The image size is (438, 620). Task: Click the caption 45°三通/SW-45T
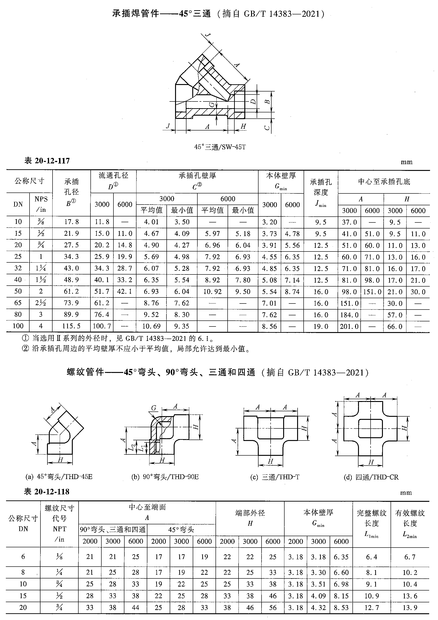coord(220,147)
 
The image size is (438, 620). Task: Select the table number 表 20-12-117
coord(47,161)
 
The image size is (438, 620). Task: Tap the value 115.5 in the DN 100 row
coord(71,326)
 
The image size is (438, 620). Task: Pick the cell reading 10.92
coord(212,292)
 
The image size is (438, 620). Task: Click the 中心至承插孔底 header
coord(384,182)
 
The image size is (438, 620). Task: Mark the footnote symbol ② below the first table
coord(25,349)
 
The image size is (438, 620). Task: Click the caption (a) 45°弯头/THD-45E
coord(59,477)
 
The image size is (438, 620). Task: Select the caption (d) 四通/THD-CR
coord(371,477)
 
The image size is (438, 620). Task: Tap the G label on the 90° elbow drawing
coord(154,408)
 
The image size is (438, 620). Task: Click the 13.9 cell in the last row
coord(410,608)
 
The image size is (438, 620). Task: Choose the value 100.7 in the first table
coord(102,326)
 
